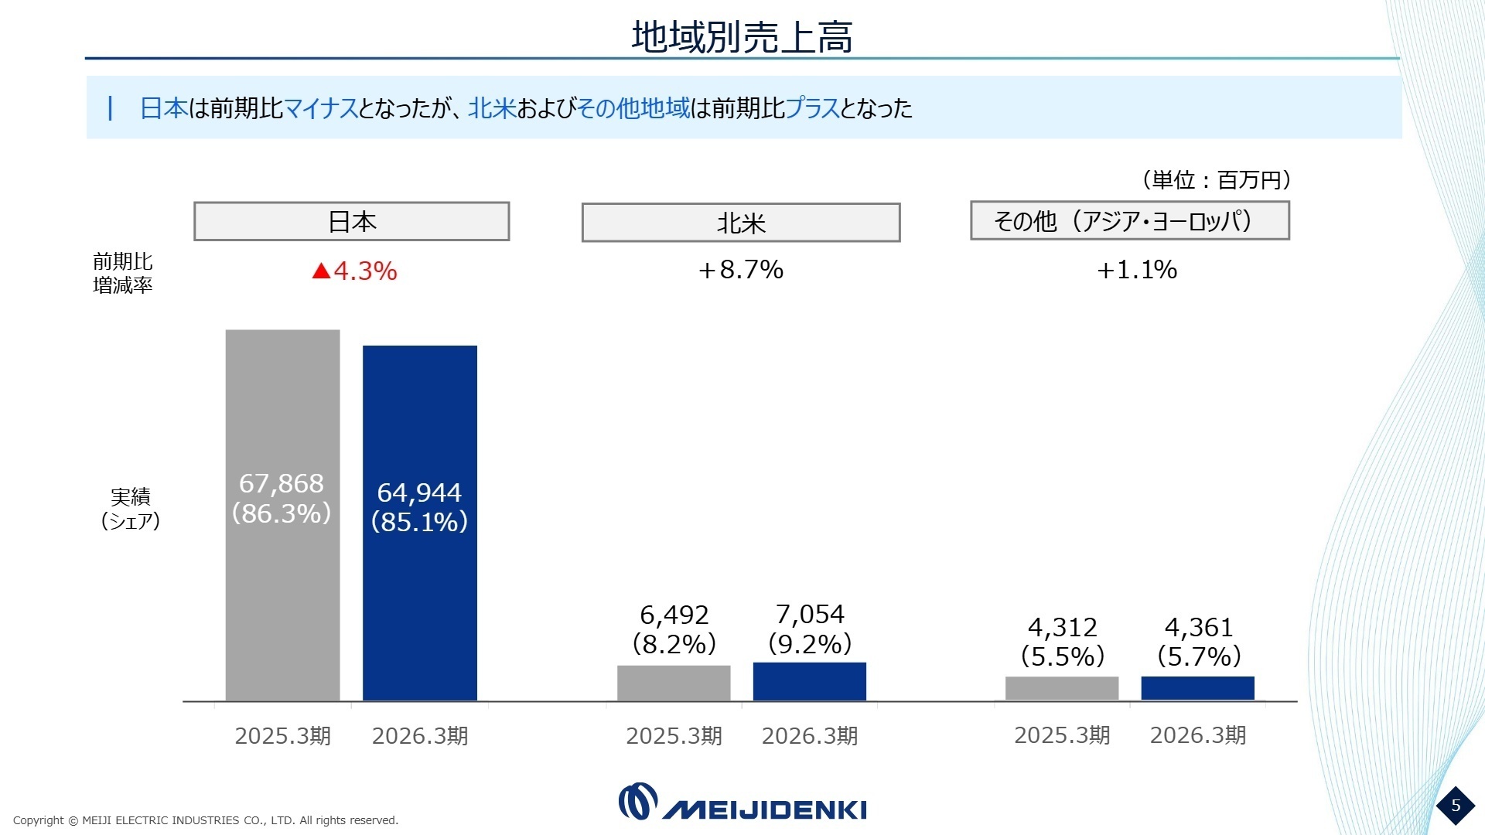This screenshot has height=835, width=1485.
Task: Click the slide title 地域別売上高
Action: [742, 36]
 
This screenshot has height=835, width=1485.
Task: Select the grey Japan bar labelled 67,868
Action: [282, 516]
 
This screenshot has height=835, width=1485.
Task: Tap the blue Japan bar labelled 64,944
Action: [420, 523]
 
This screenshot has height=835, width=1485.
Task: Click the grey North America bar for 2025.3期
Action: [674, 683]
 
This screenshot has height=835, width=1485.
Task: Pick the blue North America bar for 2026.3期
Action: [810, 682]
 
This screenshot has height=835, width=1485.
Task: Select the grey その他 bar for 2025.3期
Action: [1062, 689]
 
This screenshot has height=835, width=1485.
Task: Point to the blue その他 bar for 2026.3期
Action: [1198, 689]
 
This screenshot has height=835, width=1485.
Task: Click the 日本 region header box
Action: [352, 222]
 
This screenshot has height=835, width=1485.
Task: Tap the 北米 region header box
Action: [741, 223]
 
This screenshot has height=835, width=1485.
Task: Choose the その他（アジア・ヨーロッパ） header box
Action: [1130, 220]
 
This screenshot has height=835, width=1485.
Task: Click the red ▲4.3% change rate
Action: [354, 271]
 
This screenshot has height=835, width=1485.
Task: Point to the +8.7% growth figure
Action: [741, 270]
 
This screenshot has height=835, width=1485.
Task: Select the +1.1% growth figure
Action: [1137, 270]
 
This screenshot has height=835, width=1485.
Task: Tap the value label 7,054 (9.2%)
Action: [810, 629]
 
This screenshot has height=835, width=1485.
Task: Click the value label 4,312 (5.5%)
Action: [1063, 642]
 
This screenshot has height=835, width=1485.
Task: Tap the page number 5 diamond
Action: [1456, 806]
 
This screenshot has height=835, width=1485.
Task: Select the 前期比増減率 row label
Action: [123, 274]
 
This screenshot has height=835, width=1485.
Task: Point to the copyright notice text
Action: [206, 820]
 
